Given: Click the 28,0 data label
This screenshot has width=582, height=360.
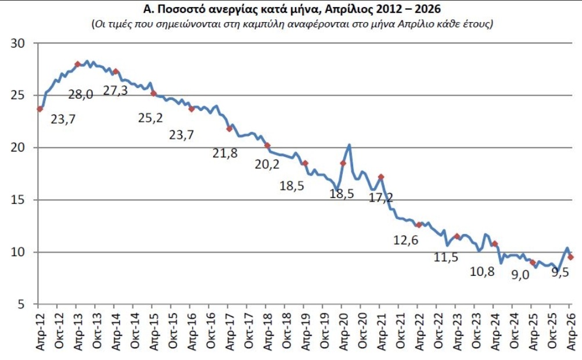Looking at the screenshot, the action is pos(81,95).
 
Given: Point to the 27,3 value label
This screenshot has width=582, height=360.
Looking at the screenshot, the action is pos(115,90).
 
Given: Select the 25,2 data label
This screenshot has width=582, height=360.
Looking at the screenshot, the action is pos(150,118).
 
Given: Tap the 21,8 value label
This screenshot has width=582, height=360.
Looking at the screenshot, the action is pos(225,153).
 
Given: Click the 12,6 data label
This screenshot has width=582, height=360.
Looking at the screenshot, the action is pos(405,240).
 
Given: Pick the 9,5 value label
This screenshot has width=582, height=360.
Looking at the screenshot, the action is pos(561,273).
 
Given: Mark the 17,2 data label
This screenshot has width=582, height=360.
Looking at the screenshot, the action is pos(381,197).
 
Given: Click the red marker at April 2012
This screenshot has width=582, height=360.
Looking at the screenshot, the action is pos(39,109).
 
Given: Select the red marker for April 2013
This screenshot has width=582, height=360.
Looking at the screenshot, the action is pos(78,64).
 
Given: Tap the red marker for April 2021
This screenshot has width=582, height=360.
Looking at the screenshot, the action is pos(381,177).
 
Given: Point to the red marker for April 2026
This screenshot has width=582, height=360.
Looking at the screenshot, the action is pos(570,257).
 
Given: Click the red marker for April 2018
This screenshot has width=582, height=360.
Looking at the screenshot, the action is pos(267,146).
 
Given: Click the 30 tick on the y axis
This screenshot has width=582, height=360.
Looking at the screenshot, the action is pos(18,44).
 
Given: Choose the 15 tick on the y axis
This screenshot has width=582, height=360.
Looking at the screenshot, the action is pos(18,200).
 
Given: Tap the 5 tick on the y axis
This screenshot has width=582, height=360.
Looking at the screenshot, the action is pos(21,304).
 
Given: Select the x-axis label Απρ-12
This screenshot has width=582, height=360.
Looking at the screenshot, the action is pos(41,331).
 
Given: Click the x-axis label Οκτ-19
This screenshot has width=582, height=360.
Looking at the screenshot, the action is pos(325,331).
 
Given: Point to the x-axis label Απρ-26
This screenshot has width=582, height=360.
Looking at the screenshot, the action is pos(571,331).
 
